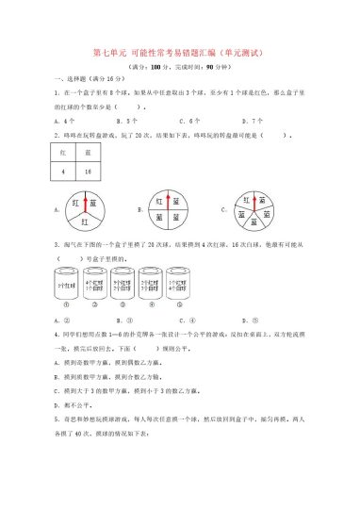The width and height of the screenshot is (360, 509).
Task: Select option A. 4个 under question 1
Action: [x=65, y=121]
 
